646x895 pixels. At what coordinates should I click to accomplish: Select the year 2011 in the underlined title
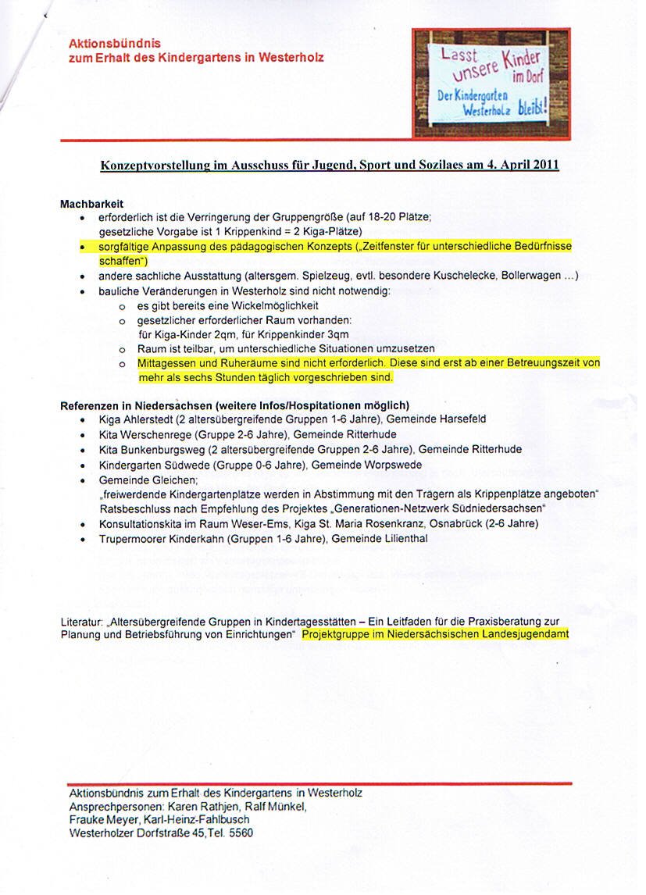point(541,166)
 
